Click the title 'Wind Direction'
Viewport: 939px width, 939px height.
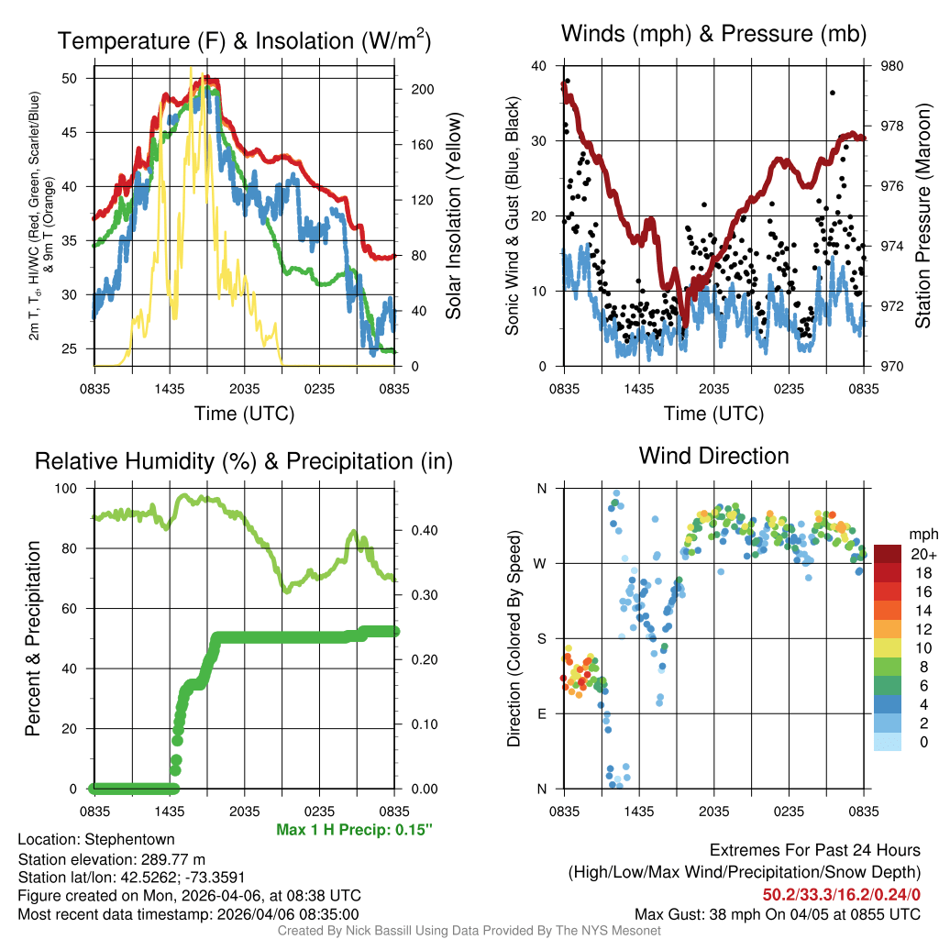713,456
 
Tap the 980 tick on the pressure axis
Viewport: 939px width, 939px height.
892,66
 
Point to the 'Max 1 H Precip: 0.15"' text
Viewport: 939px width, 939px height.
354,830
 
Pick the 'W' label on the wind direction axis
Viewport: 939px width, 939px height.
542,563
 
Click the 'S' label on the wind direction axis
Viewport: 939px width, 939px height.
542,638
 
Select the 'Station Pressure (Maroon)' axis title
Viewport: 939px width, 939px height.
923,216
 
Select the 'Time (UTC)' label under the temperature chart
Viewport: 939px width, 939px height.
244,414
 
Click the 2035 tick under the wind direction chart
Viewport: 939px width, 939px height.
714,812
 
